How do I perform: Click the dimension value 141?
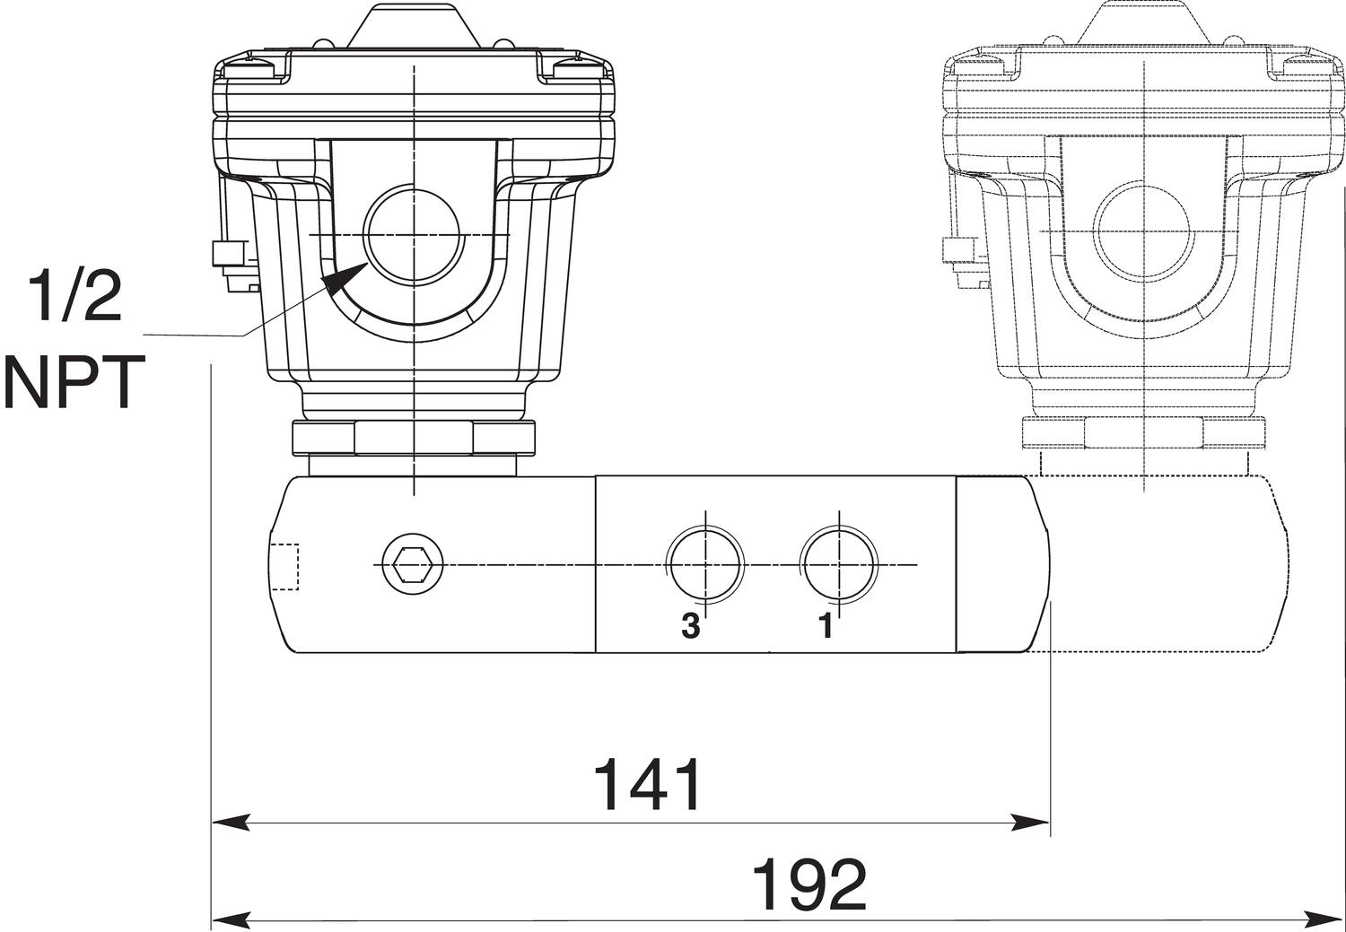(649, 785)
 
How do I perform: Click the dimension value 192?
(808, 884)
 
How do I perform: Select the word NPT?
(74, 382)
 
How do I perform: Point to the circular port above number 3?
(706, 564)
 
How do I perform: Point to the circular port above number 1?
(838, 564)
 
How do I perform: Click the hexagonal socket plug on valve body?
(412, 565)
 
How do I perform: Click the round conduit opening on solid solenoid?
(414, 233)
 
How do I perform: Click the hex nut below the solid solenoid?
(414, 438)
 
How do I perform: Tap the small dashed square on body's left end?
(284, 567)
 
